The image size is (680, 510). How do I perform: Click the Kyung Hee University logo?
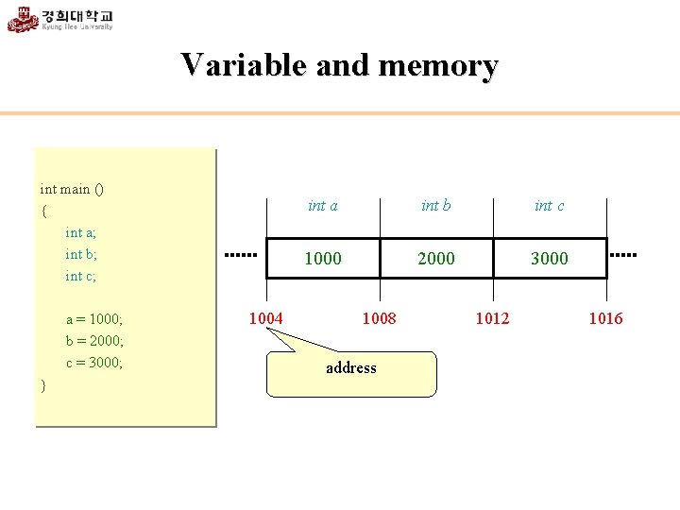coord(60,19)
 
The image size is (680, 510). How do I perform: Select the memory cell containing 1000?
coord(323,258)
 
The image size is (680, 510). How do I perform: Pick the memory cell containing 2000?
coord(436,258)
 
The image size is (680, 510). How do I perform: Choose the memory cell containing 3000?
coord(550,258)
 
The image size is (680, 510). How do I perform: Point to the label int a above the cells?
coord(323,206)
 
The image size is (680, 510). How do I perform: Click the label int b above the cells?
coord(436,206)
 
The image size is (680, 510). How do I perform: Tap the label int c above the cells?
coord(550,206)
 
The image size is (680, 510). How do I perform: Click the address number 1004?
coord(265,318)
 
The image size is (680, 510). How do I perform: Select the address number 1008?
coord(379,318)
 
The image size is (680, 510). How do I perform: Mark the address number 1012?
coord(492,318)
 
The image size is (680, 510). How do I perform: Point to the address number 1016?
coord(605,318)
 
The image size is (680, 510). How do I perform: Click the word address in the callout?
coord(351,368)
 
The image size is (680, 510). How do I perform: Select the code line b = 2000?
coord(94,341)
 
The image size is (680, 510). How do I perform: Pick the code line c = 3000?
coord(94,363)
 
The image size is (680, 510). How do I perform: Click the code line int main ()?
coord(72,189)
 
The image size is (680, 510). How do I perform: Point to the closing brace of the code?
coord(43,385)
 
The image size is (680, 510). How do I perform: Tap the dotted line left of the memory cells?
coord(240,255)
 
